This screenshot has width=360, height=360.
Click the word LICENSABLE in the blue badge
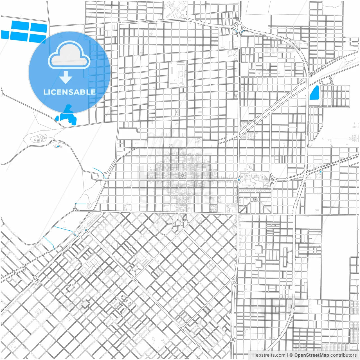69,92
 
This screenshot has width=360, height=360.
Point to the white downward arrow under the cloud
66,77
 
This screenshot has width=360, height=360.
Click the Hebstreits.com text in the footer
269,355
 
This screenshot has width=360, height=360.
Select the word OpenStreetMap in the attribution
312,355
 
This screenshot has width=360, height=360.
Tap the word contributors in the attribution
343,355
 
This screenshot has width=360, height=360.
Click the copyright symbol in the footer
291,355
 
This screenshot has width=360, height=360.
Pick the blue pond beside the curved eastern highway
314,93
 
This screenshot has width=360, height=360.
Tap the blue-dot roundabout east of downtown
239,179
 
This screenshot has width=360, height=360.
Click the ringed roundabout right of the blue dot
272,179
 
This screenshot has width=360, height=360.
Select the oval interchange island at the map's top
239,28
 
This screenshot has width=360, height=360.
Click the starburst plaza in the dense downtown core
182,175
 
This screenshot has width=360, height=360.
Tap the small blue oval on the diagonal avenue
86,230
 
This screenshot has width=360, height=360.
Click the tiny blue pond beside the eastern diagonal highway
321,171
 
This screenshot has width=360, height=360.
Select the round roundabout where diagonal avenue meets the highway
234,282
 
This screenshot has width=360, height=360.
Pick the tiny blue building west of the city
58,146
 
